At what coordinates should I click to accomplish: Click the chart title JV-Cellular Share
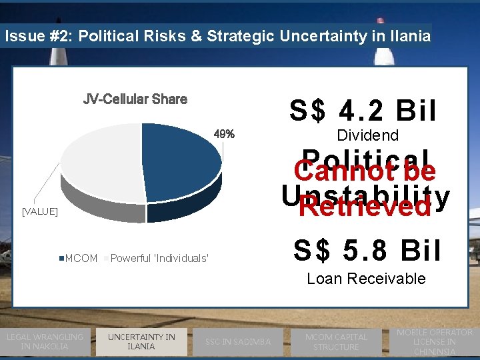tap(135, 99)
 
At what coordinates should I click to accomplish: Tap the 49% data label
tap(224, 134)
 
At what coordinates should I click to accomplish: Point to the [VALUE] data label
tap(40, 211)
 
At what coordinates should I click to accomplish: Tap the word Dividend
tap(367, 135)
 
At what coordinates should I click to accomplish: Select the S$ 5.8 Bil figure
tap(367, 251)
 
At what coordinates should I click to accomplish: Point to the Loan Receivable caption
tap(366, 279)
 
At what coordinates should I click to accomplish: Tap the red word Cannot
tap(329, 171)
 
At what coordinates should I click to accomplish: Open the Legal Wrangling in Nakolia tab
tap(45, 341)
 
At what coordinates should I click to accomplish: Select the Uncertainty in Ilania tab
tap(141, 341)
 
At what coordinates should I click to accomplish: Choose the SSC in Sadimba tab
tap(238, 342)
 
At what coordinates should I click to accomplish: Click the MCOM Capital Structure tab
tap(336, 342)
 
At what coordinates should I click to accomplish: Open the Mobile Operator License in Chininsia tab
tap(434, 341)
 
